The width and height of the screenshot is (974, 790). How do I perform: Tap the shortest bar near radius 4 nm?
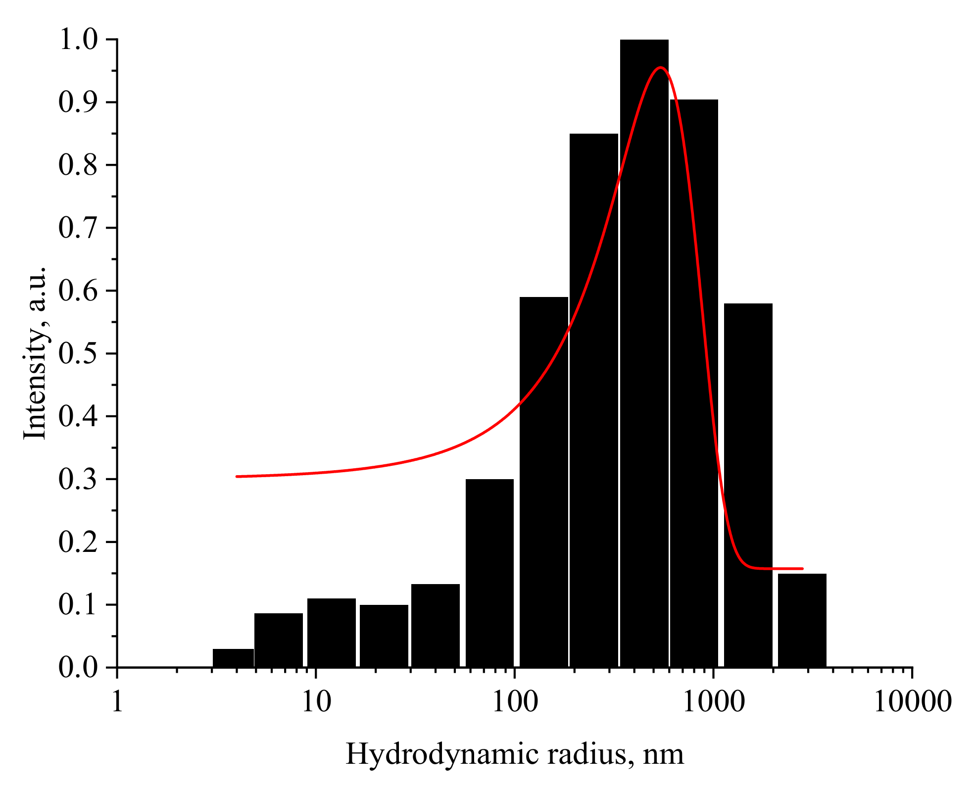[233, 658]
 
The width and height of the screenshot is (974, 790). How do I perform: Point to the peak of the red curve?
[660, 68]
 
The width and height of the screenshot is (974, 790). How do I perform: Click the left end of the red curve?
[238, 476]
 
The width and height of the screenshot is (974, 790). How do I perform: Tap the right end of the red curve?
[802, 568]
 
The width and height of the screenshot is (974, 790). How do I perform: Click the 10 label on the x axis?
[316, 702]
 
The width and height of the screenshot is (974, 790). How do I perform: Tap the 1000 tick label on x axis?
[713, 702]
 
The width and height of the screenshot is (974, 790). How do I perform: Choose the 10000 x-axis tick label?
[912, 702]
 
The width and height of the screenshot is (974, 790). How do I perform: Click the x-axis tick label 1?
[117, 702]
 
